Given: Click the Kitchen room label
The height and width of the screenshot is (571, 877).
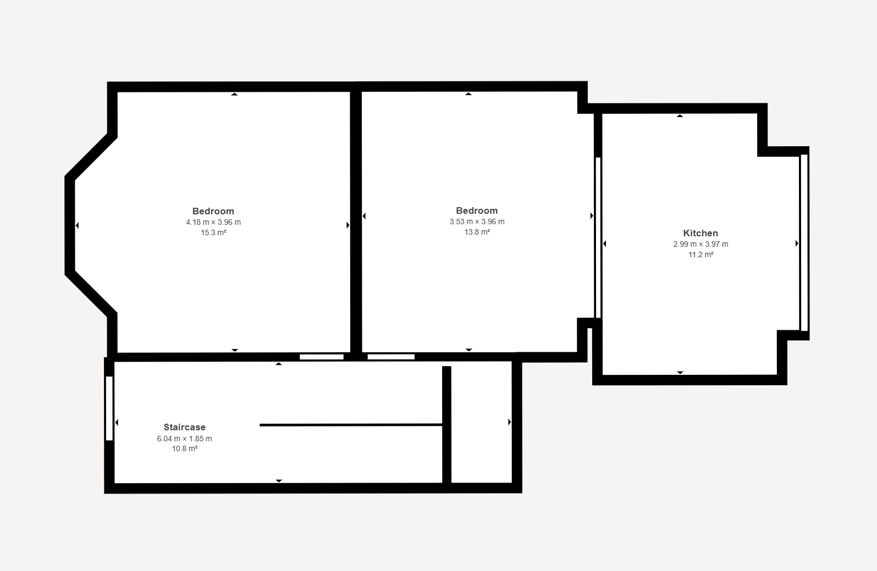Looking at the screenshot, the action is pyautogui.click(x=701, y=233).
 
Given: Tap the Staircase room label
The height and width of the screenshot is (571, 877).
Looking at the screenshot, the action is pyautogui.click(x=184, y=427).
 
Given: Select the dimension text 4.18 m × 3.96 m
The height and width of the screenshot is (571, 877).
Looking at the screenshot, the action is pyautogui.click(x=213, y=222).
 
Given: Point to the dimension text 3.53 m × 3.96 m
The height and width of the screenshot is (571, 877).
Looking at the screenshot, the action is pyautogui.click(x=477, y=221).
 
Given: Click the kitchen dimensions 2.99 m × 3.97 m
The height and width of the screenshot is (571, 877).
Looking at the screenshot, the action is pyautogui.click(x=701, y=244).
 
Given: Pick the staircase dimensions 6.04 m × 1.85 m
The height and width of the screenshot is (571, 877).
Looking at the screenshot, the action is pyautogui.click(x=184, y=439).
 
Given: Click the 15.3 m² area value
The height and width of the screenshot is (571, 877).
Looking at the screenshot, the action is pyautogui.click(x=213, y=233).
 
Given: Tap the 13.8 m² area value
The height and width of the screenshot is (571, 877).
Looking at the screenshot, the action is pyautogui.click(x=477, y=232).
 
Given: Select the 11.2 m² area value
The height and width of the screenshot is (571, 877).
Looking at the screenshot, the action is pyautogui.click(x=701, y=255).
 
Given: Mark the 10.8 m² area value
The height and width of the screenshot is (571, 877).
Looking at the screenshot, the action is pyautogui.click(x=184, y=449).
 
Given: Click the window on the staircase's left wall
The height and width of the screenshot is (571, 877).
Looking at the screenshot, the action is pyautogui.click(x=109, y=408).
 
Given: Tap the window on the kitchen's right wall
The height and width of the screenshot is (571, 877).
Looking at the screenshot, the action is pyautogui.click(x=804, y=243).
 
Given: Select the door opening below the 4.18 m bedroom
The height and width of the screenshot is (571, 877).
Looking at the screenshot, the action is pyautogui.click(x=322, y=357).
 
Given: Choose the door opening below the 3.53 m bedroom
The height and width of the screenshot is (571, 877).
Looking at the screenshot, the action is pyautogui.click(x=391, y=357).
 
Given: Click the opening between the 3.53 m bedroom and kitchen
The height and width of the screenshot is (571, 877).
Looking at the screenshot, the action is pyautogui.click(x=598, y=237).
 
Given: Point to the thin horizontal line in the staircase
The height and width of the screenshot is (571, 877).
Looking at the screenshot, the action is pyautogui.click(x=351, y=425).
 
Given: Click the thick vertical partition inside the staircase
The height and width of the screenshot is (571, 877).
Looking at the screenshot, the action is pyautogui.click(x=446, y=425).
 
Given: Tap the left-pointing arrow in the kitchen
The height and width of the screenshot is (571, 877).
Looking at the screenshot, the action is pyautogui.click(x=604, y=244).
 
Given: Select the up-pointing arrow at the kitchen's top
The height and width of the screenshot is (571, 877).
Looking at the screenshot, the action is pyautogui.click(x=680, y=116).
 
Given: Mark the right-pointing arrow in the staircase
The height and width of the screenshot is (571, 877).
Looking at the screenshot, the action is pyautogui.click(x=509, y=422).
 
